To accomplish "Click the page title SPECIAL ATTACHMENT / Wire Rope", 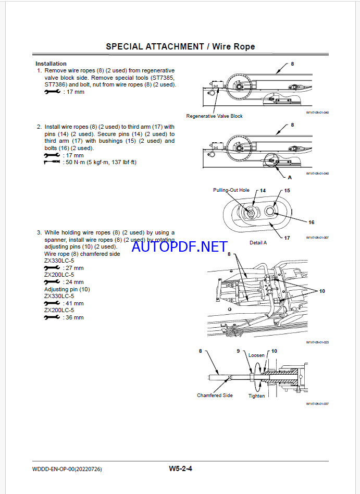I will [180, 46].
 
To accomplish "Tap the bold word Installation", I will [51, 64].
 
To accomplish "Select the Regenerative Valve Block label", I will [214, 116].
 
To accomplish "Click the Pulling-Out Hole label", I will [231, 190].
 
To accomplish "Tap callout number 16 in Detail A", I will [311, 222].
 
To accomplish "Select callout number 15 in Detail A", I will [287, 191].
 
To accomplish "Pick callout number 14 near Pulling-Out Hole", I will [263, 191].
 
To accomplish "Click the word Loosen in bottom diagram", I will [256, 355].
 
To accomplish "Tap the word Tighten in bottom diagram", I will [256, 396].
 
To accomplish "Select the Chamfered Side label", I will [215, 396].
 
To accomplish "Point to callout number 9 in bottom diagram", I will [238, 351].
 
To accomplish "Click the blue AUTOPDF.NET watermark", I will [179, 246].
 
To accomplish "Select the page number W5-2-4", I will [180, 468].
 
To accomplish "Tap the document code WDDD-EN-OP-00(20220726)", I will [67, 469].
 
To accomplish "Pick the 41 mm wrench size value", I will [73, 303].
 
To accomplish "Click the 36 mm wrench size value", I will [73, 317].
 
